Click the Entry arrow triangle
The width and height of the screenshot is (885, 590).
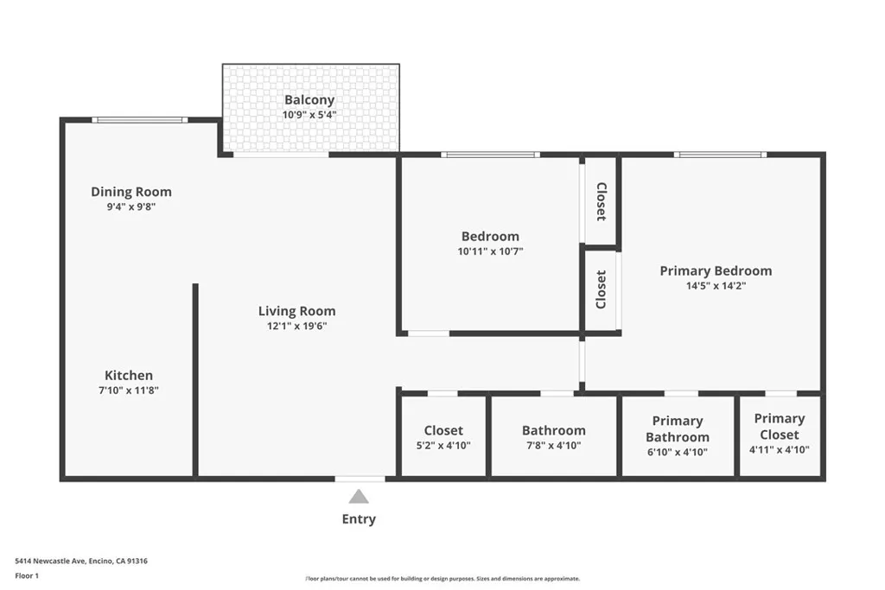[x=359, y=496]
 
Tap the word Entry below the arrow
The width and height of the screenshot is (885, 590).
[x=359, y=519]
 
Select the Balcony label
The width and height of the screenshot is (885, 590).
[x=309, y=100]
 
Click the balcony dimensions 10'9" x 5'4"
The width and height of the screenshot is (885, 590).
[x=309, y=115]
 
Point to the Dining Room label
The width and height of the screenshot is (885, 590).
[x=131, y=192]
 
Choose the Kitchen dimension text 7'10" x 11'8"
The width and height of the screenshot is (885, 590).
[x=129, y=390]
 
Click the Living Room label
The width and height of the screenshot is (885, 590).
[x=296, y=311]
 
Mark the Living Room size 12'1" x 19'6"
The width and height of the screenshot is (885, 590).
[x=296, y=327]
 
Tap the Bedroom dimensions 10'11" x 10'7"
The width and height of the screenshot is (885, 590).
[x=490, y=251]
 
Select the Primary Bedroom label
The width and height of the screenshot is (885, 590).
[x=716, y=270]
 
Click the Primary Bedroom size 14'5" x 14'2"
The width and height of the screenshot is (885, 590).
[x=716, y=286]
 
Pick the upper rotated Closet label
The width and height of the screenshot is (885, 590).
[x=602, y=202]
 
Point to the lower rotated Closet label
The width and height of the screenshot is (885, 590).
[x=602, y=289]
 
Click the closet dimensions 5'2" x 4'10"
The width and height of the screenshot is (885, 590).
[x=443, y=446]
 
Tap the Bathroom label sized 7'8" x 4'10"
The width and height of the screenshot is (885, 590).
[x=553, y=430]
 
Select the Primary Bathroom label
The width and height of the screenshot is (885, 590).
[x=678, y=428]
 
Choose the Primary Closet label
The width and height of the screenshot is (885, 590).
[x=779, y=427]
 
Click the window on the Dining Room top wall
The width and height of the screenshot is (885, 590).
[x=139, y=120]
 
